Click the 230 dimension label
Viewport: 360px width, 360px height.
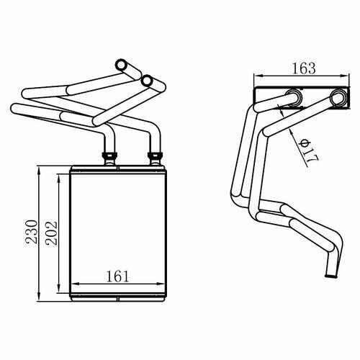tap(32, 232)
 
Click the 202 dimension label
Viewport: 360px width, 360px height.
tap(52, 233)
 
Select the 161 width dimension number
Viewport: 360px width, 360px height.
tap(117, 276)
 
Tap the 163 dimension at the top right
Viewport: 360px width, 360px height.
tap(304, 68)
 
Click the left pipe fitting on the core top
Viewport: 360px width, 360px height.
tap(109, 158)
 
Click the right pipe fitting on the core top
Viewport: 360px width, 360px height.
tap(156, 158)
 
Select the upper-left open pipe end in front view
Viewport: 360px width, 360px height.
tap(121, 65)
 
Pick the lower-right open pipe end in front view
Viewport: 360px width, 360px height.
tap(147, 81)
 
